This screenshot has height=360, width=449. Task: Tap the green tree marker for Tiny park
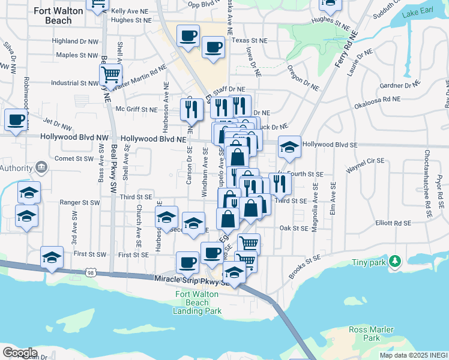click(394, 261)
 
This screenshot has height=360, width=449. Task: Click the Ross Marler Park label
click(371, 334)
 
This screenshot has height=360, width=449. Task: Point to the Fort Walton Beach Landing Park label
click(197, 302)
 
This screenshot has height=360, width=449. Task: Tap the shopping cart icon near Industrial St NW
click(111, 75)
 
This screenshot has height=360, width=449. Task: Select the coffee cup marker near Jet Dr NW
click(16, 119)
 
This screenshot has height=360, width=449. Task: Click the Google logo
click(20, 353)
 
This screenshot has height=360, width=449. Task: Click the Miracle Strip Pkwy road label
click(189, 280)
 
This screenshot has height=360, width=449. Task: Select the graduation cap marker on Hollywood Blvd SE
click(289, 148)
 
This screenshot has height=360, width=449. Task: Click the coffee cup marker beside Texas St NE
click(212, 47)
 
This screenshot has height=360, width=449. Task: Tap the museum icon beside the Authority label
click(41, 166)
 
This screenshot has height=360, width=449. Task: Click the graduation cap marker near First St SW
click(52, 257)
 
